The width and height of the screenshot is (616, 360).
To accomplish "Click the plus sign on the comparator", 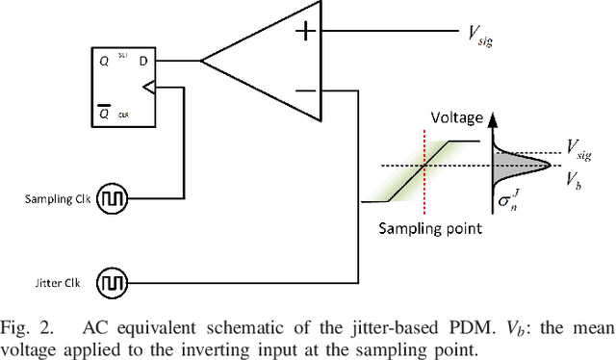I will (305, 32).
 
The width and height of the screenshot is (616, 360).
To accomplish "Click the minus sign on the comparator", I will (305, 91).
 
